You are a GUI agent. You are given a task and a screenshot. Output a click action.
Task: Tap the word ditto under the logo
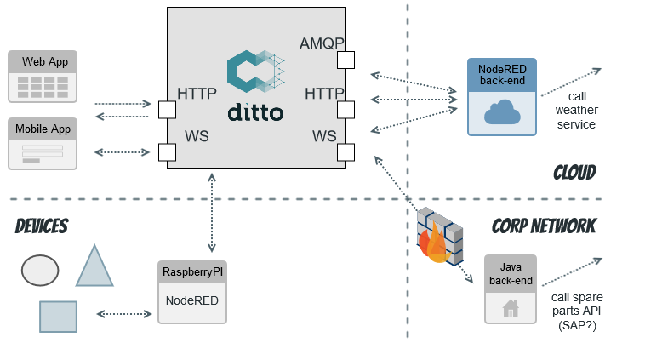pyautogui.click(x=255, y=113)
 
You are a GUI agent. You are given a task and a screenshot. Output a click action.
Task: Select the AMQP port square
pyautogui.click(x=345, y=60)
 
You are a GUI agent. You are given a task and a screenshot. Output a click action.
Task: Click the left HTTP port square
pyautogui.click(x=167, y=110)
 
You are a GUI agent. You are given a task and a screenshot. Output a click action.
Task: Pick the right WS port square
pyautogui.click(x=345, y=152)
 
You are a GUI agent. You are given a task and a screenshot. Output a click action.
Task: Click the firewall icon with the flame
pyautogui.click(x=441, y=236)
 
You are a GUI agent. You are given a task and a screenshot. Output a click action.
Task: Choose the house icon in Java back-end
pyautogui.click(x=511, y=307)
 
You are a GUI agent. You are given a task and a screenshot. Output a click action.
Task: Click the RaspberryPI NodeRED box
pyautogui.click(x=192, y=292)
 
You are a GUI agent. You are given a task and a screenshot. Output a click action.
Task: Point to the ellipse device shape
pyautogui.click(x=40, y=270)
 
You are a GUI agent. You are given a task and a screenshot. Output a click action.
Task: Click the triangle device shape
pyautogui.click(x=94, y=267)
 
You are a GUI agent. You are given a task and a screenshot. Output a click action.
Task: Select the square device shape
pyautogui.click(x=58, y=316)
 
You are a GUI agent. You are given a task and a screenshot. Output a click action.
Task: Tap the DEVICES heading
pyautogui.click(x=42, y=226)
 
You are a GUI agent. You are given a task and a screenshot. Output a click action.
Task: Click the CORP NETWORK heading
pyautogui.click(x=544, y=226)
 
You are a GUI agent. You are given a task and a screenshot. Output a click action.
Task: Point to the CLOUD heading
pyautogui.click(x=574, y=173)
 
